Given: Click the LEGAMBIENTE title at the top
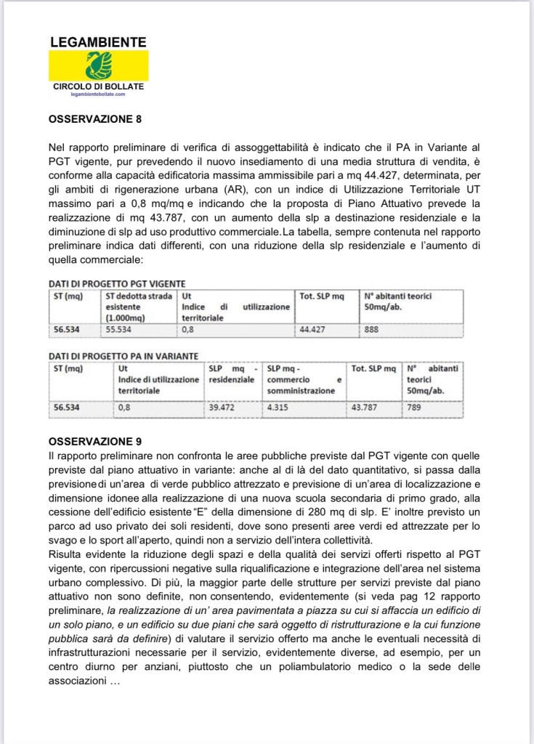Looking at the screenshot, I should coord(98,43).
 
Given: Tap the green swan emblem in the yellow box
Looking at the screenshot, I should coord(98,65).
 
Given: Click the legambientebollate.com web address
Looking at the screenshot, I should coord(98,94).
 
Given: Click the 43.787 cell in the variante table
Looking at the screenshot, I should coord(366,407).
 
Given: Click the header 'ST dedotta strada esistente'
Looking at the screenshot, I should coord(139,307).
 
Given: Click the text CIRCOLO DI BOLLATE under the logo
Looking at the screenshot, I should coord(98,86).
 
